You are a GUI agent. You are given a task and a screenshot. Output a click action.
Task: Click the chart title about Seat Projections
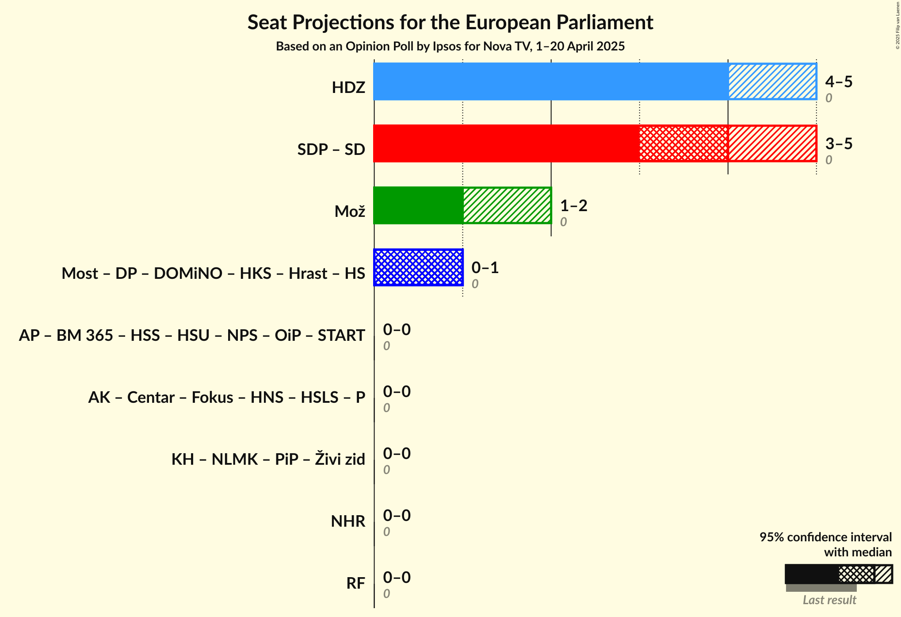pyautogui.click(x=450, y=22)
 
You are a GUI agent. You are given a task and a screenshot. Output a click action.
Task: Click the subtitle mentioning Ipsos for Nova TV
pyautogui.click(x=450, y=46)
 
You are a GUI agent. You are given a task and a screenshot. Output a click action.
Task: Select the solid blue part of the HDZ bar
pyautogui.click(x=550, y=81)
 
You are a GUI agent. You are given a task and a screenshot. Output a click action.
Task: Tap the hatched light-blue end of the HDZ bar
pyautogui.click(x=772, y=81)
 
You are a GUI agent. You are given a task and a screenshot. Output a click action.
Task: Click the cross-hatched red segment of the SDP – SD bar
pyautogui.click(x=683, y=143)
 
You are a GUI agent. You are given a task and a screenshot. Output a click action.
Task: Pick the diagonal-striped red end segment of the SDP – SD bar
pyautogui.click(x=772, y=143)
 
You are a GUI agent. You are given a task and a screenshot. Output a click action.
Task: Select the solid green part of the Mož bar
pyautogui.click(x=418, y=205)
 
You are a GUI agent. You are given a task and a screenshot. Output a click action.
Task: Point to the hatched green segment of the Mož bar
pyautogui.click(x=507, y=205)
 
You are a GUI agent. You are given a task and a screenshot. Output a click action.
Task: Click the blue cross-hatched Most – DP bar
pyautogui.click(x=418, y=267)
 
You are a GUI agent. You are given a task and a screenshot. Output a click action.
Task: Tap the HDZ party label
pyautogui.click(x=348, y=88)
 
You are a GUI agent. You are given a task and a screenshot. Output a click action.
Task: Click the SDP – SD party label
pyautogui.click(x=331, y=150)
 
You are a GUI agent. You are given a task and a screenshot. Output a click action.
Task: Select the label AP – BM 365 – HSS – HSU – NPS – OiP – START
pyautogui.click(x=192, y=335)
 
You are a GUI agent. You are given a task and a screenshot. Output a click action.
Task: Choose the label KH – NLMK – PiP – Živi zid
pyautogui.click(x=268, y=459)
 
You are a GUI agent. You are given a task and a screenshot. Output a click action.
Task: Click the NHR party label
pyautogui.click(x=348, y=521)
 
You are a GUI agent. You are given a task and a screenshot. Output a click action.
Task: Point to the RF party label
pyautogui.click(x=355, y=583)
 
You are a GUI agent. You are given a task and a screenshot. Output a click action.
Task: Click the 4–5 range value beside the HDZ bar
pyautogui.click(x=839, y=82)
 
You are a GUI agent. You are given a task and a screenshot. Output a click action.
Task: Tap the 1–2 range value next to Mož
pyautogui.click(x=573, y=206)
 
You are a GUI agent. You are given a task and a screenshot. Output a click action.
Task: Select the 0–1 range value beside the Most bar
pyautogui.click(x=485, y=268)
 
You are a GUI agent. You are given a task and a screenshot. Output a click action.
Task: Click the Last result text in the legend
pyautogui.click(x=829, y=600)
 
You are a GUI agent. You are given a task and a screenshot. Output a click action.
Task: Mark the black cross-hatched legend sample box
pyautogui.click(x=856, y=575)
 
